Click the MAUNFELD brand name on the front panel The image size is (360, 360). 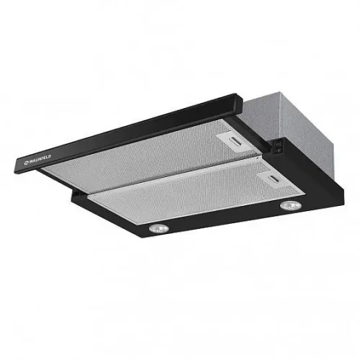click(40, 159)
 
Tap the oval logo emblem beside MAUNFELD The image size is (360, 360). click(26, 163)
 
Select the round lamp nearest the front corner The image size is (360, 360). click(158, 228)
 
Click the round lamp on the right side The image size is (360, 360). click(290, 206)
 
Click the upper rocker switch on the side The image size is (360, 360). click(278, 145)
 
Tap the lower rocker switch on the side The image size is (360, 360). click(278, 150)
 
